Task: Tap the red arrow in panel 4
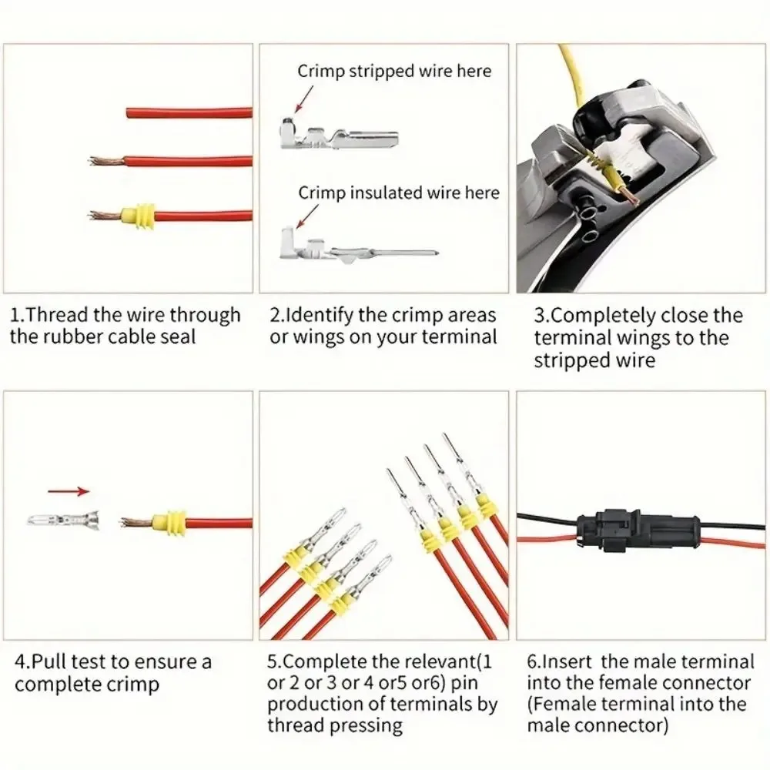click(69, 490)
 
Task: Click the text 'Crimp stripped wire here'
click(394, 71)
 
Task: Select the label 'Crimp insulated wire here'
click(399, 192)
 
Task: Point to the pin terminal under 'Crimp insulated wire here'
click(354, 250)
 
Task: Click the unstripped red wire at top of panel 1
click(189, 113)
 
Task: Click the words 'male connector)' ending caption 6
click(598, 725)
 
